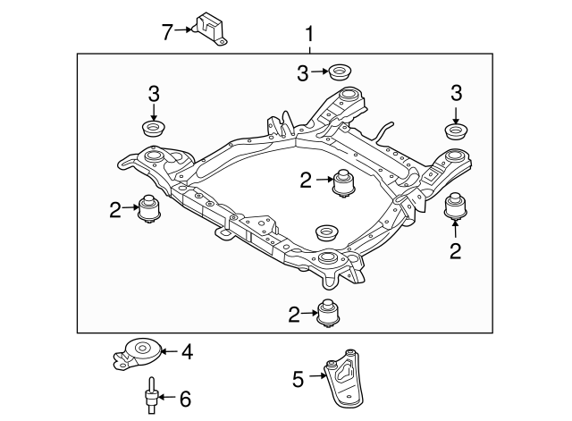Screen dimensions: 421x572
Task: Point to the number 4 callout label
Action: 187,352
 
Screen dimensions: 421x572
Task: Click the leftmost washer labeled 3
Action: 155,129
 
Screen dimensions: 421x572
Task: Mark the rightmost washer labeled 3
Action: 457,131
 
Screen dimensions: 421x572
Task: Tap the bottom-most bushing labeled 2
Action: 330,313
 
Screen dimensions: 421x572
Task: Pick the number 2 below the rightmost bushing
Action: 456,251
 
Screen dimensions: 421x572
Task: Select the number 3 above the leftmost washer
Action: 154,93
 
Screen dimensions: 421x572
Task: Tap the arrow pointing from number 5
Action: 315,379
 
